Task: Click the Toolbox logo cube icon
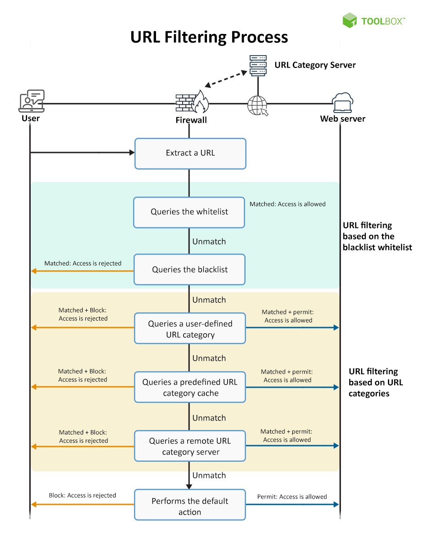[350, 20]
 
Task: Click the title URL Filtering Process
[209, 37]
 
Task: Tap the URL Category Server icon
[258, 66]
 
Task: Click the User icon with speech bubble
[31, 101]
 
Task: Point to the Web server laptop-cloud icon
[342, 103]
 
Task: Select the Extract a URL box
[190, 153]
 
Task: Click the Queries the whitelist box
[189, 212]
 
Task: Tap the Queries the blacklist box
[190, 270]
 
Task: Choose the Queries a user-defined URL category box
[190, 329]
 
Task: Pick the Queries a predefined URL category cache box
[190, 387]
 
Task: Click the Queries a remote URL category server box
[190, 446]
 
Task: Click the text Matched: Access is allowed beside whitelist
[287, 204]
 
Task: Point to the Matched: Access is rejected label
[83, 263]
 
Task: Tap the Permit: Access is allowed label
[292, 497]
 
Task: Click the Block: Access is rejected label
[82, 495]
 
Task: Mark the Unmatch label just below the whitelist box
[209, 241]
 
